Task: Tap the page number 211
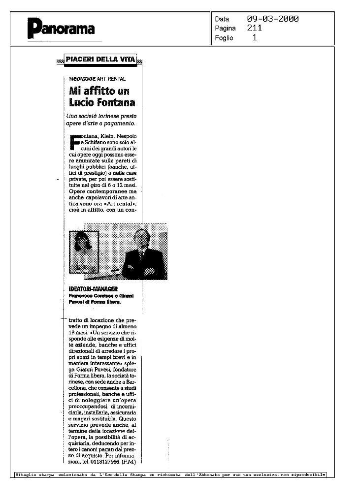[x=255, y=28]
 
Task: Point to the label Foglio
[x=224, y=37]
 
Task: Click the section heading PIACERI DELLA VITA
[x=100, y=60]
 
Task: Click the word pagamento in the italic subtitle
[x=118, y=123]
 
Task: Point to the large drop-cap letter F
[x=74, y=140]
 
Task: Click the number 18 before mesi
[x=73, y=333]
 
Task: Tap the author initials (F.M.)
[x=129, y=461]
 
